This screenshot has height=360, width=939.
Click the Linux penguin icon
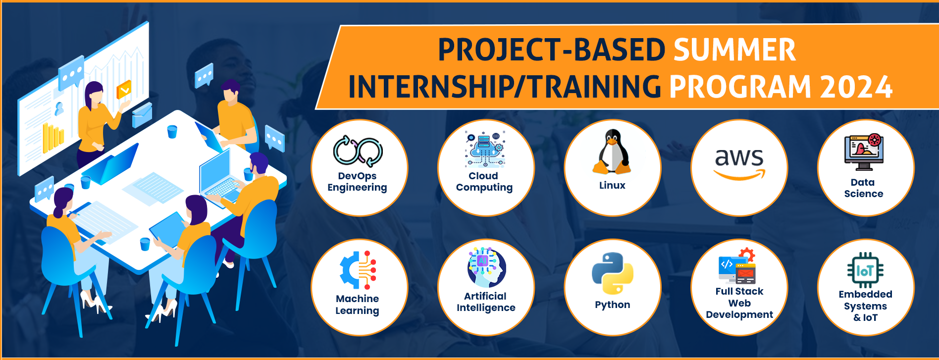pos(612,153)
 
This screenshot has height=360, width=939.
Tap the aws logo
pos(739,163)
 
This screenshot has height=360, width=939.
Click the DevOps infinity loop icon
pos(358,152)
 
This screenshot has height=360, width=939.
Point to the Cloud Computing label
pos(484,182)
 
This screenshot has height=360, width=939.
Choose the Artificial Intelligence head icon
pos(486,268)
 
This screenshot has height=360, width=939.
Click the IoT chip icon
pos(865,270)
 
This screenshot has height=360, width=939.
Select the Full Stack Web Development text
pos(739,303)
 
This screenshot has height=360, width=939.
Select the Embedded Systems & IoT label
pos(865,306)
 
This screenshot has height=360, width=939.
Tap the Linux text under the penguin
pos(612,186)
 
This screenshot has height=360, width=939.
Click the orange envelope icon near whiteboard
pos(124,90)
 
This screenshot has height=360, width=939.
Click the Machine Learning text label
pos(357,305)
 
